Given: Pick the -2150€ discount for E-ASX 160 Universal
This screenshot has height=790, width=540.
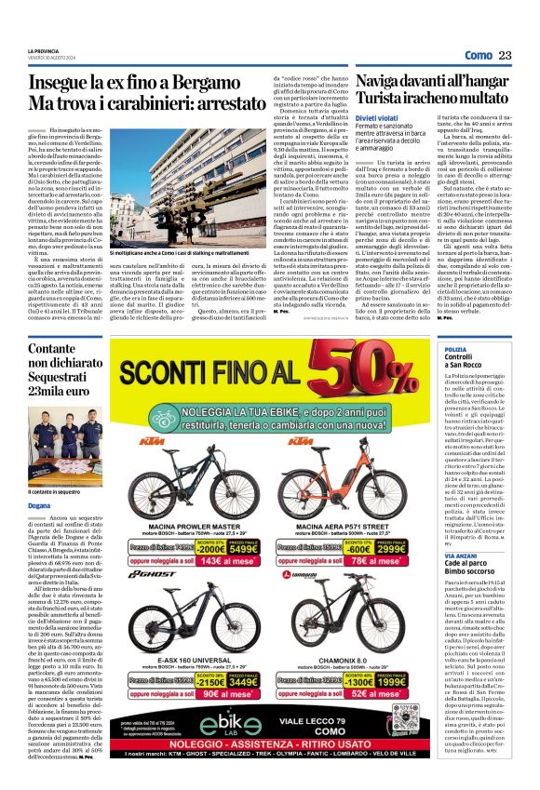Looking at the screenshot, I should tap(210, 681).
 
